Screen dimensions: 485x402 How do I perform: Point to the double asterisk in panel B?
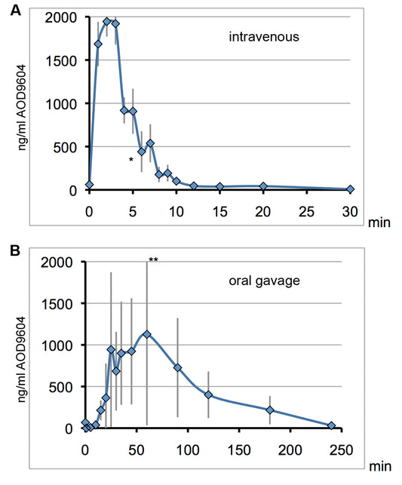pos(153,260)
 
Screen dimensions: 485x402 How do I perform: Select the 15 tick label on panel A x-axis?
pos(219,207)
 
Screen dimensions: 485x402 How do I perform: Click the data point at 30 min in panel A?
pos(350,189)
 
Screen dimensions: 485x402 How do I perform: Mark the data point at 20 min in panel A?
pos(263,186)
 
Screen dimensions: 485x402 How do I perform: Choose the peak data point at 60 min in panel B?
pos(147,334)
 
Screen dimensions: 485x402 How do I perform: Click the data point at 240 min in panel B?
pos(332,426)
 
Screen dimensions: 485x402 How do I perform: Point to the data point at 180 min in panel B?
pos(270,410)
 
